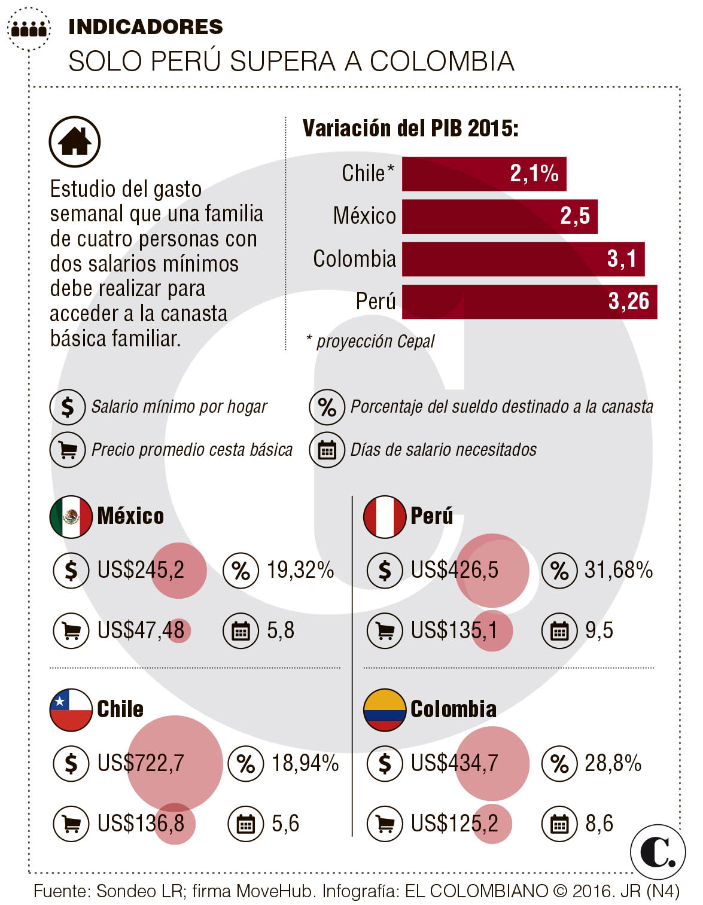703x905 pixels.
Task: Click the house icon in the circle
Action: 75,142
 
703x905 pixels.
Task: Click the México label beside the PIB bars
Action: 364,216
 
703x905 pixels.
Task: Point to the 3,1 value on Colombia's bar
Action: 622,259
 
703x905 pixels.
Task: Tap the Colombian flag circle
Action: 385,710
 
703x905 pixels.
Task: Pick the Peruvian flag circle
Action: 385,517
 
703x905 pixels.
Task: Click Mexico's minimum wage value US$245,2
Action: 141,570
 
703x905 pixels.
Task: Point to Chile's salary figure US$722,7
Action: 141,763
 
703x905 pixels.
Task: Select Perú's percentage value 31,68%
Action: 618,570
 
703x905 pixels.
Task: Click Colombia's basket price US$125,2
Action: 454,824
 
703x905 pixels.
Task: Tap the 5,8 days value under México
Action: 281,630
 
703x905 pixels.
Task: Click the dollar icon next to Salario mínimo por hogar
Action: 68,407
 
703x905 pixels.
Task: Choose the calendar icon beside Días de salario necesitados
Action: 327,450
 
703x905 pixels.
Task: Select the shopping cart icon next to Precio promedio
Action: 68,450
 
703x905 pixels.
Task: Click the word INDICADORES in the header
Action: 145,27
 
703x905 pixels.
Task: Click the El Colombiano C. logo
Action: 658,852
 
